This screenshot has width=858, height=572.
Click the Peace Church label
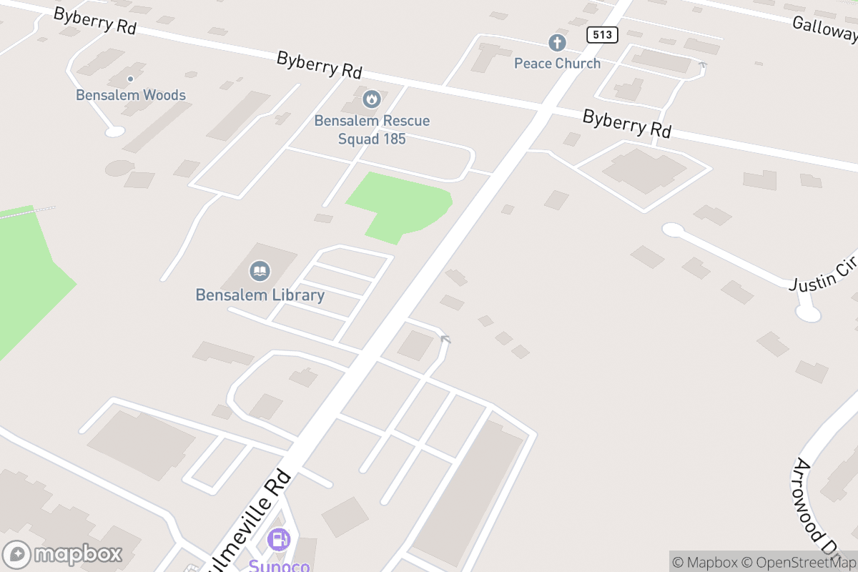pyautogui.click(x=557, y=64)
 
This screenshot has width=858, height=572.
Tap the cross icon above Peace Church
pyautogui.click(x=557, y=43)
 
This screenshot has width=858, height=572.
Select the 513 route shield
pyautogui.click(x=601, y=34)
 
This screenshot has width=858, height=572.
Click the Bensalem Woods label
pyautogui.click(x=131, y=95)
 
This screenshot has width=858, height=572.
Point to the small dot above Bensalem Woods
pyautogui.click(x=130, y=79)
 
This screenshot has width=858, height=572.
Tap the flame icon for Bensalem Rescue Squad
pyautogui.click(x=371, y=99)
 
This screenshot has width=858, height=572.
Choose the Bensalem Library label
pyautogui.click(x=260, y=295)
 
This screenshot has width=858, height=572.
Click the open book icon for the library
pyautogui.click(x=260, y=271)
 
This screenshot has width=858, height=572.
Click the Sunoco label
pyautogui.click(x=280, y=565)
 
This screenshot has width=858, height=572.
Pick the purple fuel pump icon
pyautogui.click(x=279, y=540)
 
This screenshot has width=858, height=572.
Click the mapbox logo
pyautogui.click(x=64, y=554)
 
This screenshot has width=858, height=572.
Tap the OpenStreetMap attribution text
pyautogui.click(x=799, y=562)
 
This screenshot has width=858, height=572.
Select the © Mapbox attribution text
pyautogui.click(x=704, y=562)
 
